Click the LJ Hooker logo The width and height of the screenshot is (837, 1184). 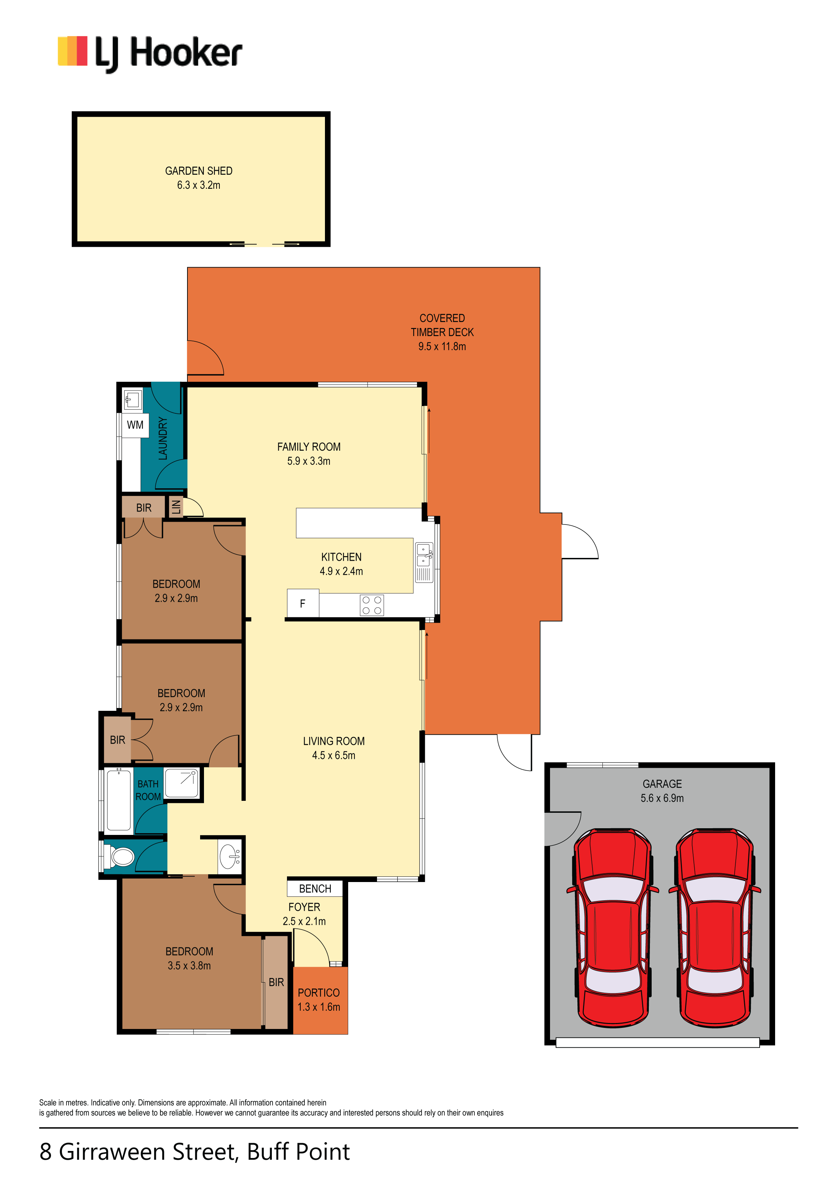pos(150,54)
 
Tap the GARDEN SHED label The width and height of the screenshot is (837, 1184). pos(199,171)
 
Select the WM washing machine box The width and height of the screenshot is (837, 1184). pos(135,425)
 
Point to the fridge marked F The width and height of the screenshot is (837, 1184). pos(303,603)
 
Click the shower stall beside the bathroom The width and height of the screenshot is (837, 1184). pos(181,783)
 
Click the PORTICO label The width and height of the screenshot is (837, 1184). pos(319,993)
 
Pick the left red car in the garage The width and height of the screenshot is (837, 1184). pos(613,928)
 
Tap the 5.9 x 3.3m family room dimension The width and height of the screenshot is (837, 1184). pos(308,461)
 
